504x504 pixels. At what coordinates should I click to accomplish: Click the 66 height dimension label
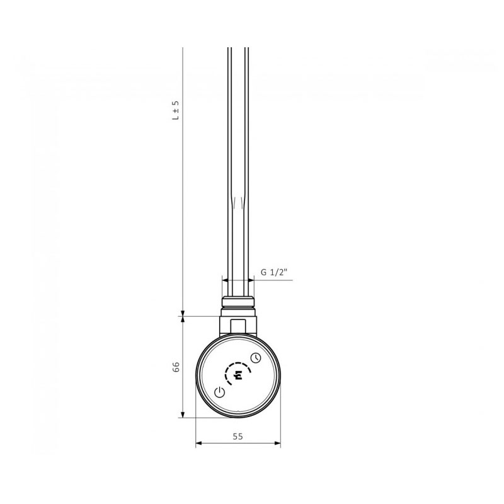point(176,367)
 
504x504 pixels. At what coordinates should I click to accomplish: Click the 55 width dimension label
point(238,437)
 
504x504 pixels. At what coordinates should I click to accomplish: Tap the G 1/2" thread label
point(273,272)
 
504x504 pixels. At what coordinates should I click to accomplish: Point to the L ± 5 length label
point(176,110)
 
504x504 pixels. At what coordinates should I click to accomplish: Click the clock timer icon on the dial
point(256,358)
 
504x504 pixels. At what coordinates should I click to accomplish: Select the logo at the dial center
point(238,375)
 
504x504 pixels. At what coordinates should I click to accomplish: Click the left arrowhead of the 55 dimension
point(198,444)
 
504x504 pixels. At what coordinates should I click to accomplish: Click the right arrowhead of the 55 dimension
point(277,444)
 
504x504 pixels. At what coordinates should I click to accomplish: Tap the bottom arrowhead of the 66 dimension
point(183,415)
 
